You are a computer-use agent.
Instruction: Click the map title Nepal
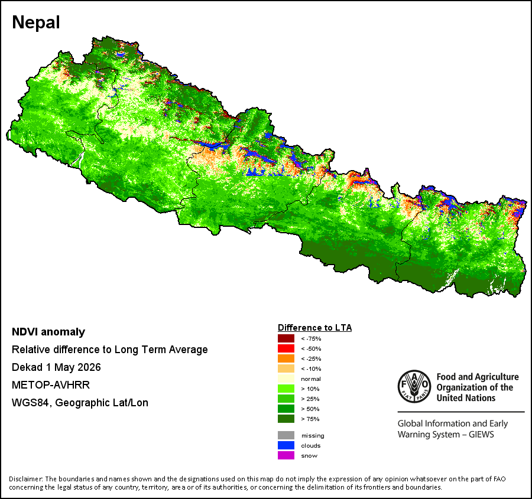(x=36, y=22)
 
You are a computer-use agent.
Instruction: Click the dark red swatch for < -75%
(x=286, y=338)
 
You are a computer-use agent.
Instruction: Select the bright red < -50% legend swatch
(x=286, y=348)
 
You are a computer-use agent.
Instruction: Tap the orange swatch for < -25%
(x=286, y=358)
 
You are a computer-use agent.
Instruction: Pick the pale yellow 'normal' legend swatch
(x=286, y=379)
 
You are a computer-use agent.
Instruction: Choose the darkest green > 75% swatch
(x=286, y=419)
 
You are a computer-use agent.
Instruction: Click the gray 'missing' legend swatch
(x=286, y=435)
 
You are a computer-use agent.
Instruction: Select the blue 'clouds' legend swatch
(x=286, y=445)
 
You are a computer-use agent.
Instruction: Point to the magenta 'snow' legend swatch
(x=286, y=455)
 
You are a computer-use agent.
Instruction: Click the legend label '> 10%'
(x=310, y=389)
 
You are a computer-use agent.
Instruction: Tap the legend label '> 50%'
(x=310, y=409)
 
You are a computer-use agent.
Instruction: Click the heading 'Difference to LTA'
(x=315, y=328)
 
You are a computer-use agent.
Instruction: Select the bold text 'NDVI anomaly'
(x=48, y=332)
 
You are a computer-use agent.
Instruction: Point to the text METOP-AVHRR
(x=51, y=385)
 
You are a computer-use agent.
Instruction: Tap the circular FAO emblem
(x=414, y=386)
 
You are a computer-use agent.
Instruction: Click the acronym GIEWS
(x=481, y=434)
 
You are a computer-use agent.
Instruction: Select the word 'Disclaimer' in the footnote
(x=25, y=479)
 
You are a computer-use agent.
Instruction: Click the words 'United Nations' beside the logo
(x=466, y=397)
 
